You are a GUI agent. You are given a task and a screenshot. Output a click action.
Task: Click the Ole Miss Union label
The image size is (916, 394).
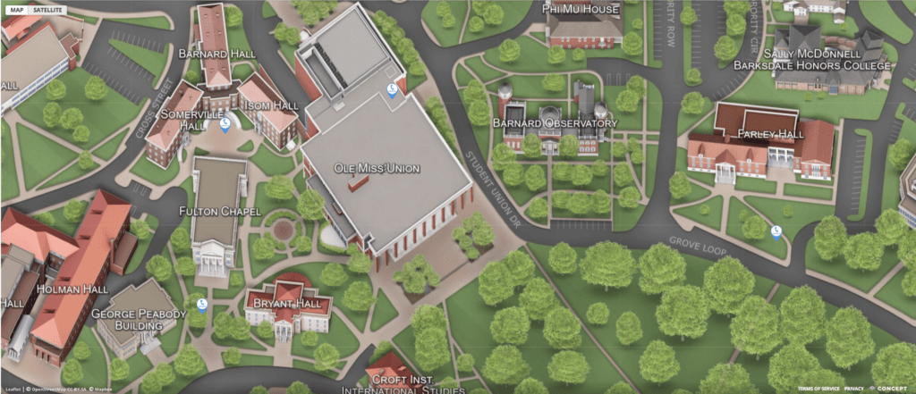tap(376, 168)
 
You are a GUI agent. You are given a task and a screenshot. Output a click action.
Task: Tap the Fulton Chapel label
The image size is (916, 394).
tap(219, 211)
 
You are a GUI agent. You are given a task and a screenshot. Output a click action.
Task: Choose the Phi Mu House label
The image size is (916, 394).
tap(581, 8)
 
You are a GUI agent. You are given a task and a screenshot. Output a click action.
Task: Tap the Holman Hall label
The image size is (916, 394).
tap(72, 289)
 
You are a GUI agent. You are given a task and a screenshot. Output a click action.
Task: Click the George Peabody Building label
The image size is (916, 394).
tap(139, 320)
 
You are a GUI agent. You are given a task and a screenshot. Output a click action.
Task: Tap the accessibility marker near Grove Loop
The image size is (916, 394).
tap(776, 232)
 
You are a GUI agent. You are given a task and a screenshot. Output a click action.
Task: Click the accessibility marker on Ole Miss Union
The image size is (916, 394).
tap(391, 89)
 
